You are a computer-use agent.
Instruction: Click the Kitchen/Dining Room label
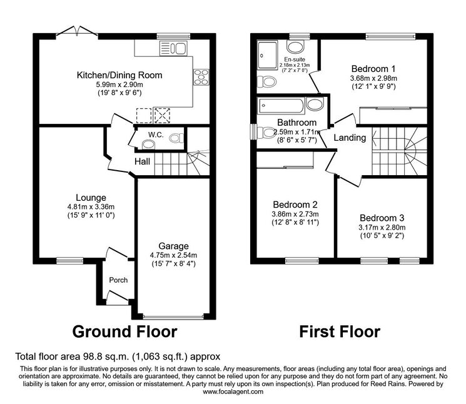pos(119,75)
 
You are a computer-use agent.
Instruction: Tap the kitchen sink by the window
pos(173,48)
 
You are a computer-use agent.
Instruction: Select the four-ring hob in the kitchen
pos(201,77)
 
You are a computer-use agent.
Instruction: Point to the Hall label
pos(142,161)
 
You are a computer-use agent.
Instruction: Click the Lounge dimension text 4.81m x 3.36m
pos(91,207)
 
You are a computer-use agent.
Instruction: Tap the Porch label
pos(118,280)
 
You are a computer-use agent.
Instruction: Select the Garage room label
pos(173,246)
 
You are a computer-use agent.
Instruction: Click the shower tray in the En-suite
pos(268,54)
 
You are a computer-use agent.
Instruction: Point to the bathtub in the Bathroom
pos(281,106)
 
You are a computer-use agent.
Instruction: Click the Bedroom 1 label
pos(373,69)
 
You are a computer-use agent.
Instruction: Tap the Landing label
pos(350,138)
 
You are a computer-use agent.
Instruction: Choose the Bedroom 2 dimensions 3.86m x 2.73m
pos(295,214)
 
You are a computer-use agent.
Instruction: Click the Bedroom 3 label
pos(382,218)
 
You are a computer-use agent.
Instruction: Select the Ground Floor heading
pos(125,331)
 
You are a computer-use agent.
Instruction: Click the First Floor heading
pos(340,331)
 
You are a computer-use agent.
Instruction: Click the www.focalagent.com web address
pos(233,391)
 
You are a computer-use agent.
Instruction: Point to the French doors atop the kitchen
pos(77,31)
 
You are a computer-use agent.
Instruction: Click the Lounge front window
pos(70,261)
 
